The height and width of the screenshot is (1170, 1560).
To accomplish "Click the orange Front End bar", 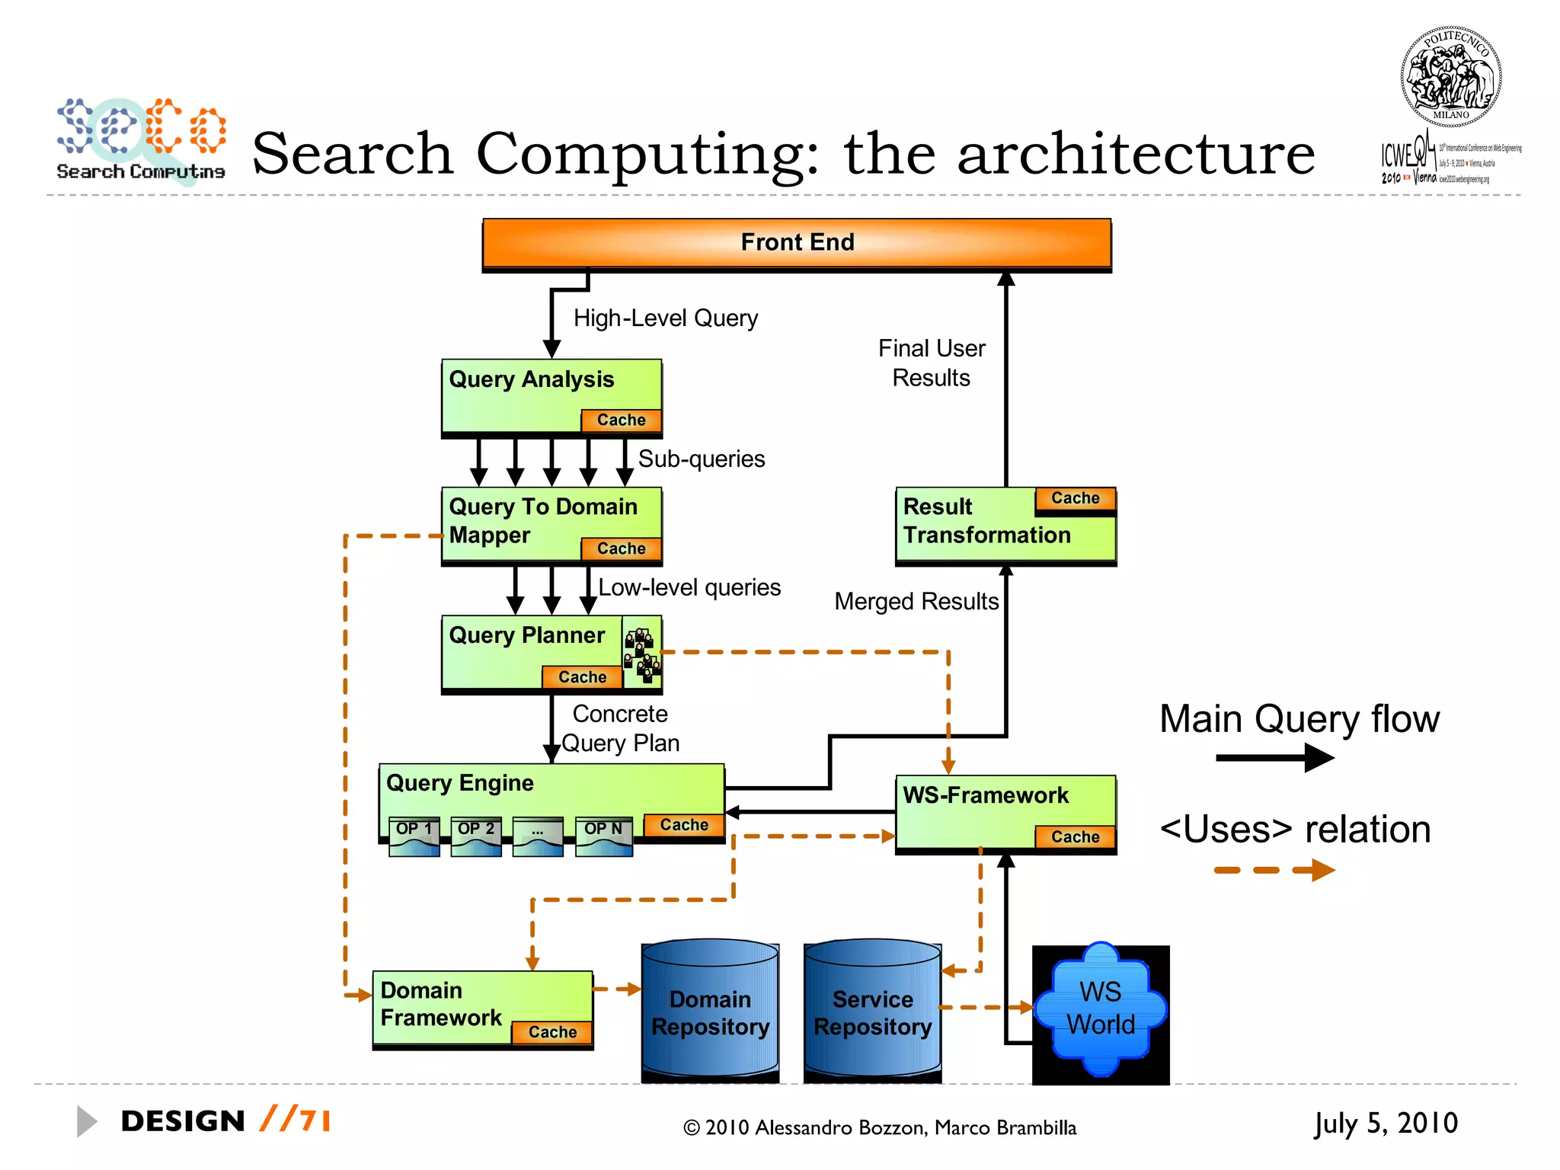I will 797,243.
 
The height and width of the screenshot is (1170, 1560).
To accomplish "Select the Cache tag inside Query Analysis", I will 621,420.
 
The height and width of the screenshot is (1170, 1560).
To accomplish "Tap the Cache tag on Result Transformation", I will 1075,498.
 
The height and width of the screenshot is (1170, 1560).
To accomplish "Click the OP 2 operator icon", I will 476,837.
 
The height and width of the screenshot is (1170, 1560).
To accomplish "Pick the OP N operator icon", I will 603,837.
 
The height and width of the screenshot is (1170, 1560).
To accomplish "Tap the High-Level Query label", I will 666,318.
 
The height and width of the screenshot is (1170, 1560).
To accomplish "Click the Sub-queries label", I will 702,459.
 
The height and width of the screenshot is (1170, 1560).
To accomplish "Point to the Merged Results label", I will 916,602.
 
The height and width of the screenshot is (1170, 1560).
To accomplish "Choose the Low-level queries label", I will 689,588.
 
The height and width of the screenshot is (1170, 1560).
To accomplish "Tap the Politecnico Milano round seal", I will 1450,77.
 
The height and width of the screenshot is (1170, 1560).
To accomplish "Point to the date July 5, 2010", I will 1386,1124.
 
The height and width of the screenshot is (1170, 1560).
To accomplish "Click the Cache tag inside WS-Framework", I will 1075,837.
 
